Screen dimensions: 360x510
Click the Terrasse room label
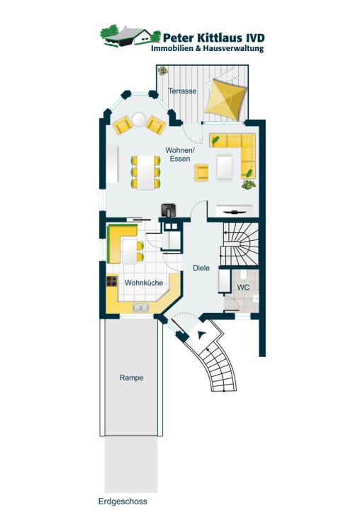(x=182, y=91)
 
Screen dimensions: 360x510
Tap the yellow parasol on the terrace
(x=225, y=100)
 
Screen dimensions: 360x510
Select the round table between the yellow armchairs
(x=139, y=120)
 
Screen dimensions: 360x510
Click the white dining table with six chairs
(x=146, y=172)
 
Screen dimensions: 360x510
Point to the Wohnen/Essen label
(x=180, y=154)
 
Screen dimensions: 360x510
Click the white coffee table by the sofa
(x=225, y=167)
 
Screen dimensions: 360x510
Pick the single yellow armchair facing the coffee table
(x=201, y=173)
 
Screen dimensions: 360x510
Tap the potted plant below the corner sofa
(x=249, y=185)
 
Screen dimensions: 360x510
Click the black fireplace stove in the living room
(x=169, y=210)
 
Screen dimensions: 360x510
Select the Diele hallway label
(x=201, y=268)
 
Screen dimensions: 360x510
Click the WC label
(x=243, y=288)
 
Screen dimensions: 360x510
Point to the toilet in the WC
(x=243, y=275)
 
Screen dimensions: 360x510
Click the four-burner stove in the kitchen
(x=112, y=281)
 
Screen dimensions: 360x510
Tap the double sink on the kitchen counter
(x=140, y=307)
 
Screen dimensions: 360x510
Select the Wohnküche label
(x=144, y=283)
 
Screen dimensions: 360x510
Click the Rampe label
(x=131, y=378)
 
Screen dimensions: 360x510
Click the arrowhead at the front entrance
(x=202, y=334)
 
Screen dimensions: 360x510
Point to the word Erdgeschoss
(x=123, y=501)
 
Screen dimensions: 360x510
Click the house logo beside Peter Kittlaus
(x=130, y=36)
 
